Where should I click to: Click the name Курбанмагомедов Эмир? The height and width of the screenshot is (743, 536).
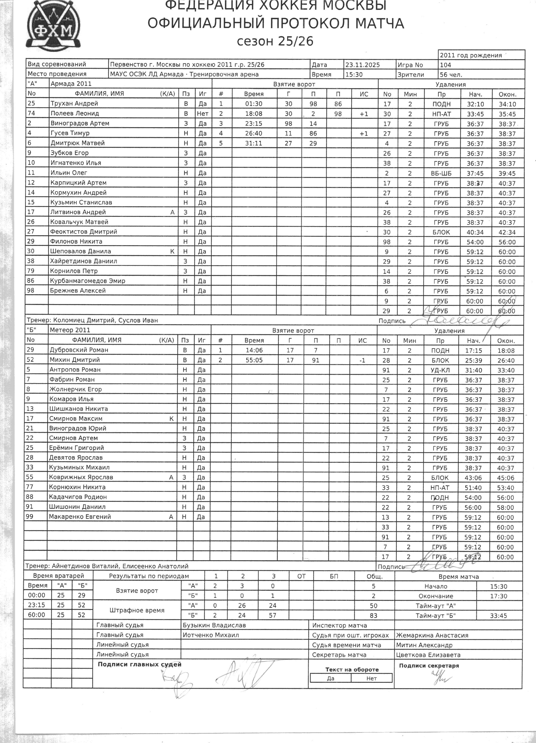88,281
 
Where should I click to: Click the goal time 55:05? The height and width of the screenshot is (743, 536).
254,360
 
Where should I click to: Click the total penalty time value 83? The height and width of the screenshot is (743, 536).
373,615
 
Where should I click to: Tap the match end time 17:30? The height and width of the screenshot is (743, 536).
498,596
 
